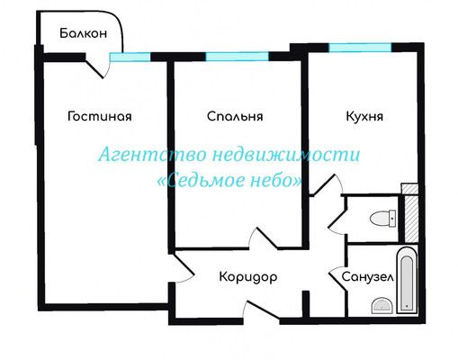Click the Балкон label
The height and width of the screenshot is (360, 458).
tap(84, 33)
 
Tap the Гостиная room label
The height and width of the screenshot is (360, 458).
tap(100, 116)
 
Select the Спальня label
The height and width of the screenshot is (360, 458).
tap(235, 116)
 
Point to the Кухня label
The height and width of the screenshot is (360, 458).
tap(364, 116)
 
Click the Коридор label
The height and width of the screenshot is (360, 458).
tap(248, 277)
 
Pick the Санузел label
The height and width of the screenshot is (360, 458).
tap(367, 277)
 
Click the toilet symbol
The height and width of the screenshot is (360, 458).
tap(383, 219)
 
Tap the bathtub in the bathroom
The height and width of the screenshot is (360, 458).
tap(407, 281)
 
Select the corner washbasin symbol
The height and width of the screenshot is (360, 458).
tap(382, 306)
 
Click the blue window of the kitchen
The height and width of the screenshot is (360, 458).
tap(360, 48)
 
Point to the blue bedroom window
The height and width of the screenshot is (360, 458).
tap(237, 57)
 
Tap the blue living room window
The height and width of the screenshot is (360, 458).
tap(130, 57)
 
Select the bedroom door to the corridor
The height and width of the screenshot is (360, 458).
tap(264, 238)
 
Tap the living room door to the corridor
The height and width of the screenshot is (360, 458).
tap(183, 268)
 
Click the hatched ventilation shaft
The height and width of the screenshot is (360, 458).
tap(411, 219)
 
